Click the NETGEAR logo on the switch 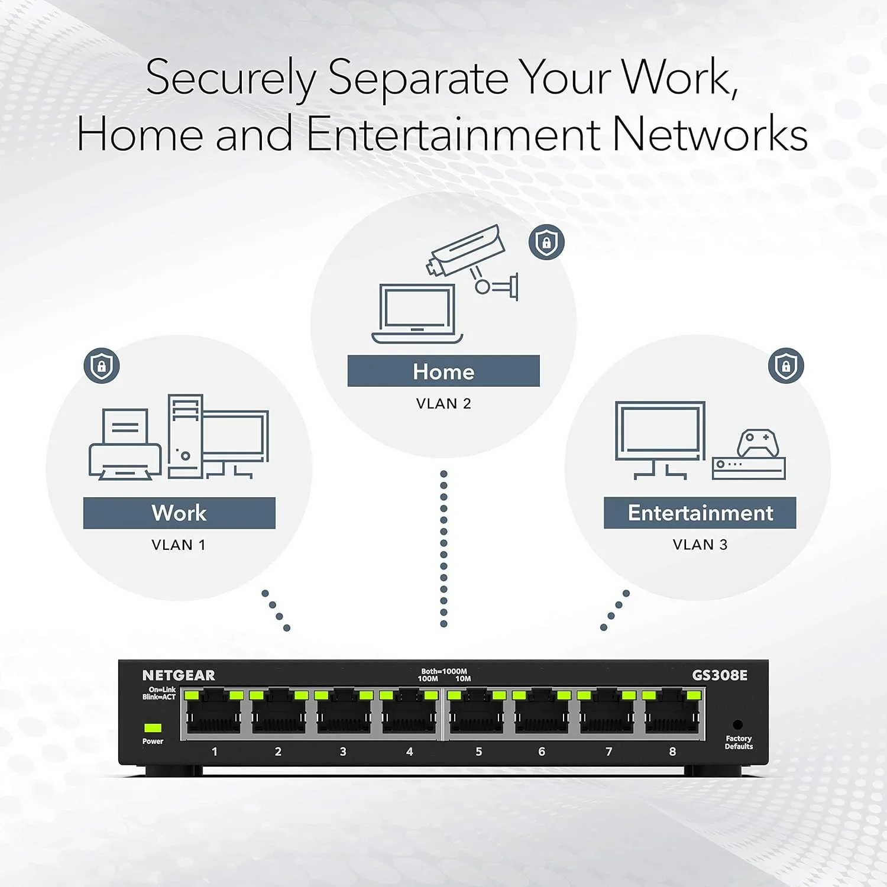(x=179, y=675)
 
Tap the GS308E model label (x=720, y=675)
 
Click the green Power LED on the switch (x=153, y=727)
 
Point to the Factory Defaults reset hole (x=737, y=724)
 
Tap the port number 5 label (x=478, y=752)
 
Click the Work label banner (x=179, y=513)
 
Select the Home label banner (x=444, y=371)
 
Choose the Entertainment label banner (x=700, y=513)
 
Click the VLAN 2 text (x=444, y=404)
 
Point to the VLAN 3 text (x=700, y=545)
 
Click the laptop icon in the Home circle (x=417, y=313)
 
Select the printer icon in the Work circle (x=125, y=445)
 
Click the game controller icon (x=757, y=443)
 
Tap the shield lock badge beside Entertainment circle (x=786, y=365)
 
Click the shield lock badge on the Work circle (x=102, y=365)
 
